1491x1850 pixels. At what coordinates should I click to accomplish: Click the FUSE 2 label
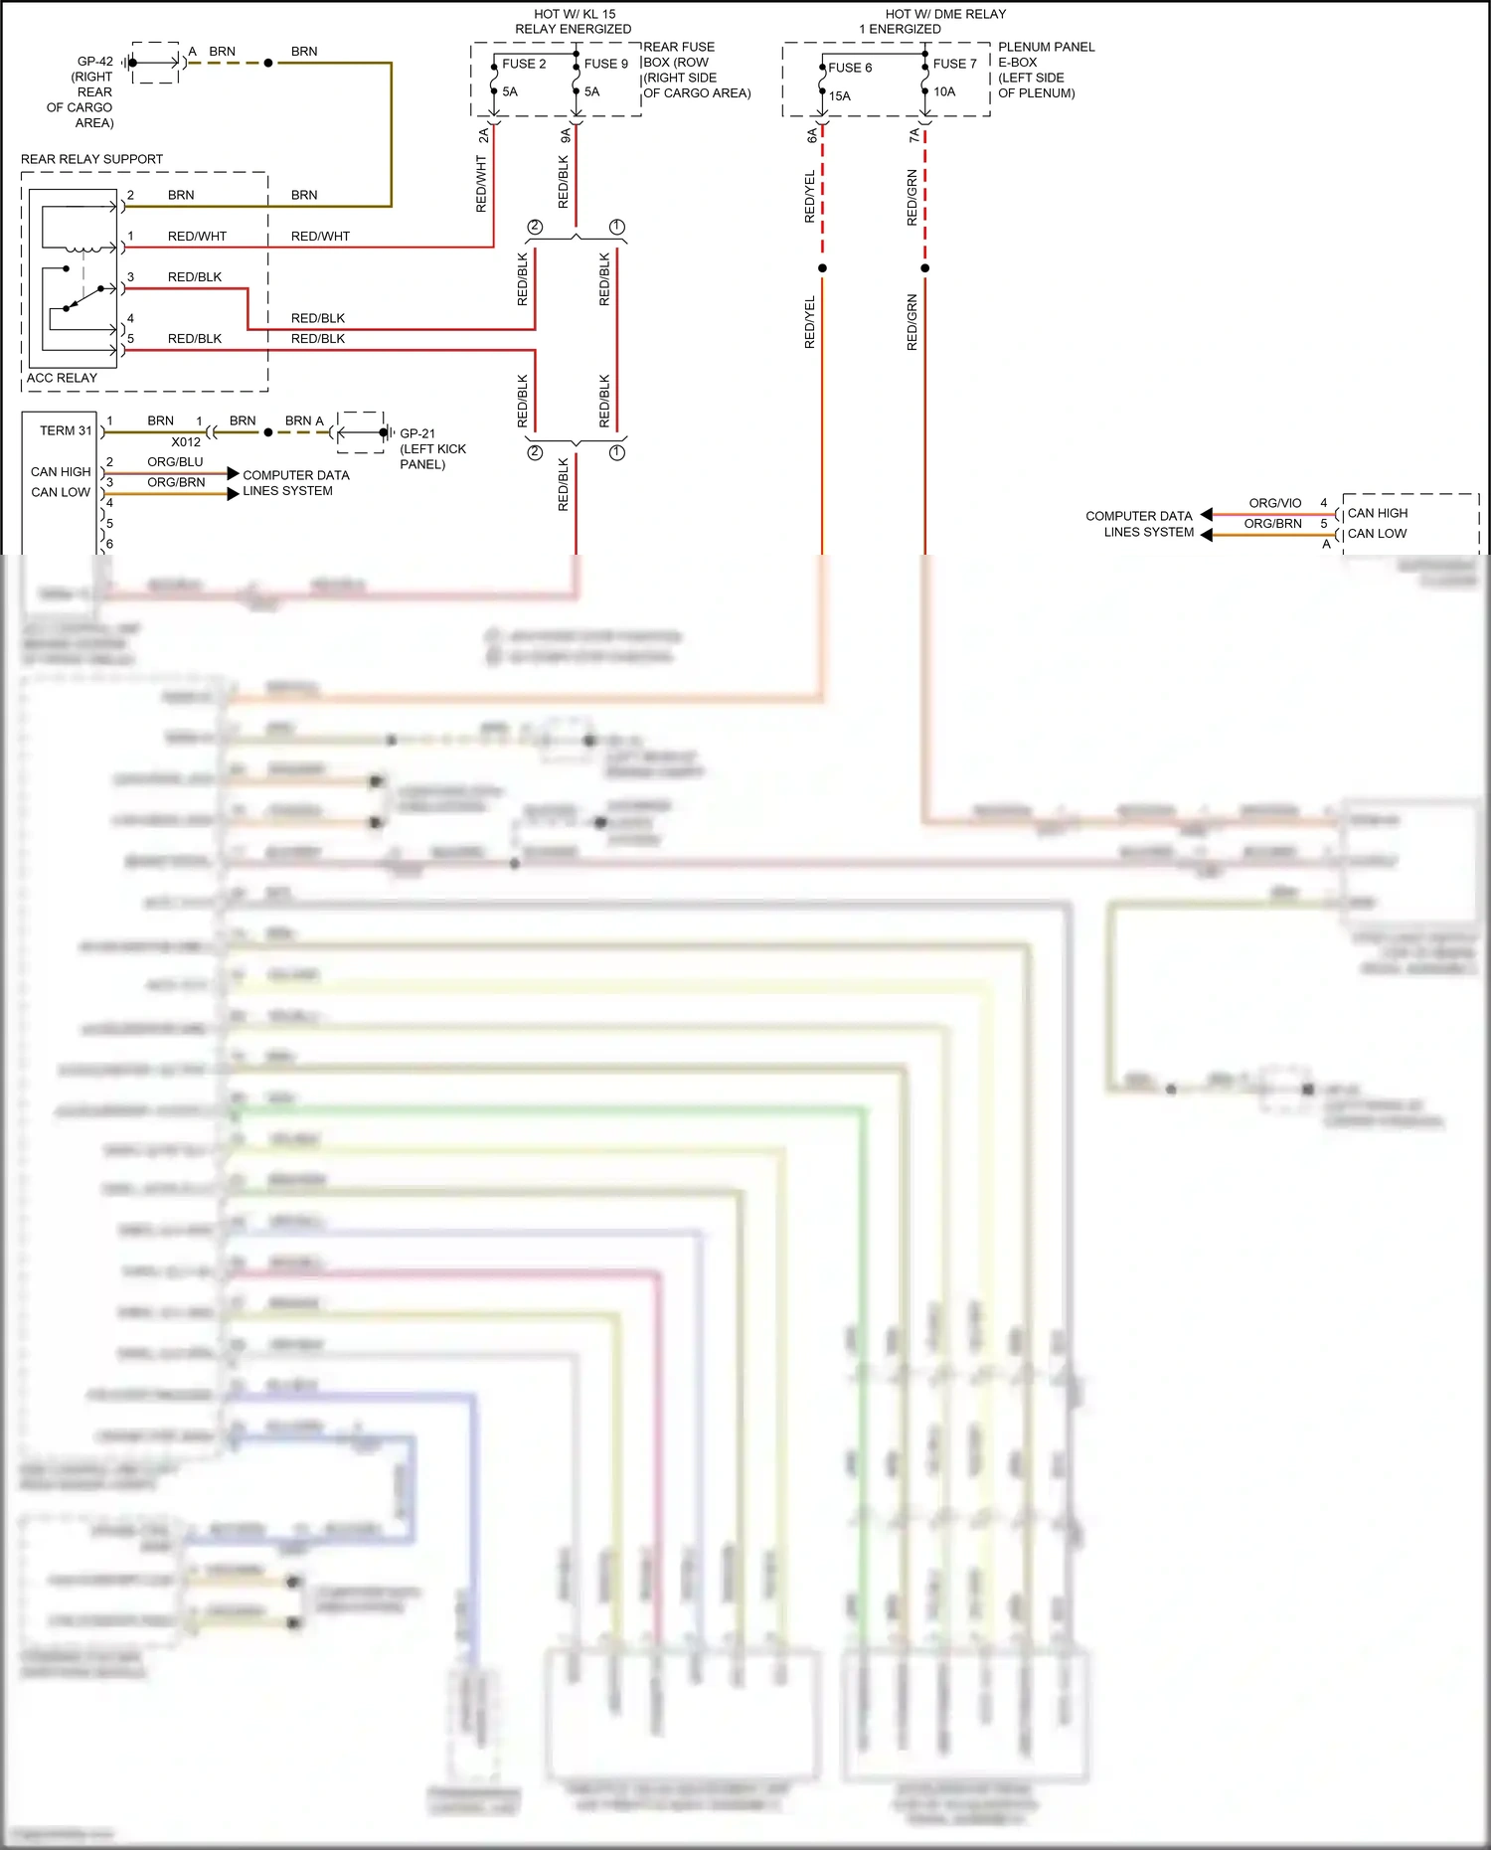tap(524, 64)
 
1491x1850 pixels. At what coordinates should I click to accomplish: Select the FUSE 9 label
tap(605, 64)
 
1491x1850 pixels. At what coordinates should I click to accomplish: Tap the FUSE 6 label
tap(850, 68)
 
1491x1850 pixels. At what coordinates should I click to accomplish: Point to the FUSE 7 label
tap(954, 64)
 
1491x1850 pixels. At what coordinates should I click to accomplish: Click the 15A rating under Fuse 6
tap(840, 96)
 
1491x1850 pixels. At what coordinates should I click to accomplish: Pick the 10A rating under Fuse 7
tap(944, 91)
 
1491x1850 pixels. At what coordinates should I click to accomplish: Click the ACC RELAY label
tap(62, 378)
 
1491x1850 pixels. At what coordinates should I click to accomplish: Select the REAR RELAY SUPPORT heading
tap(91, 159)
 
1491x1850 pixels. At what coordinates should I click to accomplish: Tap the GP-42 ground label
tap(94, 62)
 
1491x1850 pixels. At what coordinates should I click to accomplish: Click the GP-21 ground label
tap(417, 433)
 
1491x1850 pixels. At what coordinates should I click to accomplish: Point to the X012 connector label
tap(186, 442)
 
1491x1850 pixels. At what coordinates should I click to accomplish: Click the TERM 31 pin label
tap(66, 430)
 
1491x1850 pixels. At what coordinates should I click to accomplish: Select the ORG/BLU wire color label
tap(175, 462)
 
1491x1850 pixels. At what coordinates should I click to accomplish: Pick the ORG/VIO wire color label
tap(1274, 503)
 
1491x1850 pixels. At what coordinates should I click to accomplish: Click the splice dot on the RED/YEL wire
tap(822, 268)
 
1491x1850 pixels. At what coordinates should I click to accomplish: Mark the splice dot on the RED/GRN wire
tap(924, 268)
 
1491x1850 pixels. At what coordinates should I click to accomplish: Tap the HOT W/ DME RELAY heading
tap(945, 14)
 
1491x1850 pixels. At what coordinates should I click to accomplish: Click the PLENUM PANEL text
tap(1046, 47)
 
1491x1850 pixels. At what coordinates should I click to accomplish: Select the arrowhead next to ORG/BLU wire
tap(233, 473)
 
